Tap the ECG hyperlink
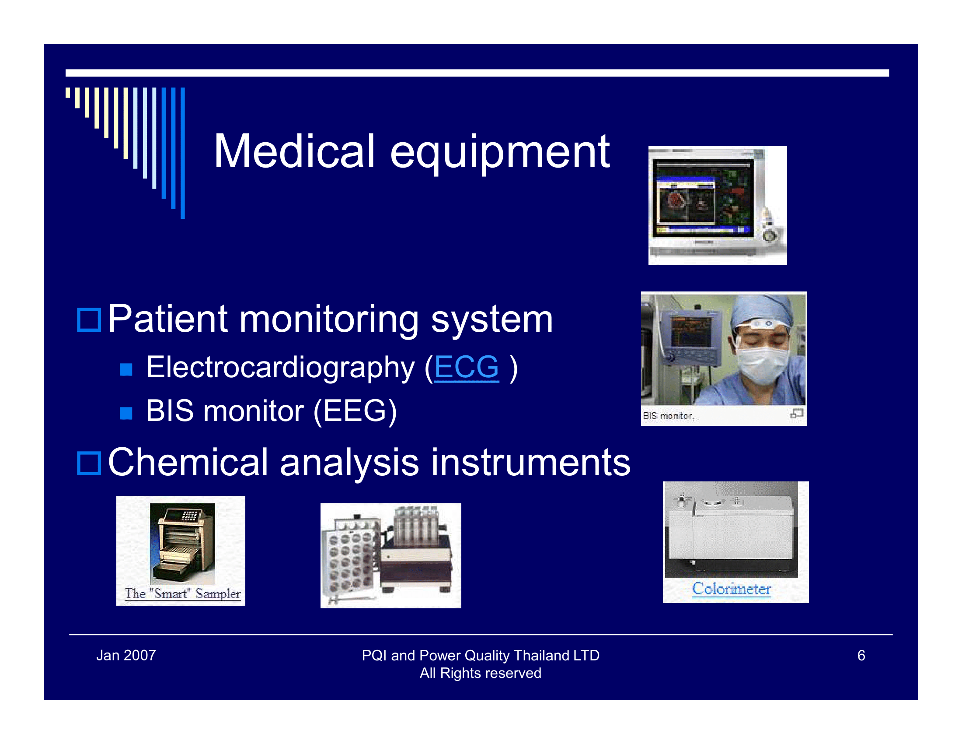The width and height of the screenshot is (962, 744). tap(466, 367)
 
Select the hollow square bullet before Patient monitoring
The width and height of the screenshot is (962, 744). tap(89, 319)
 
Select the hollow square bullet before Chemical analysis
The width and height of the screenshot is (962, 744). tap(89, 463)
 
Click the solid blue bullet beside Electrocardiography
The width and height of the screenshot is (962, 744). tap(126, 369)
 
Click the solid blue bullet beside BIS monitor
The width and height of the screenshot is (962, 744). tap(126, 413)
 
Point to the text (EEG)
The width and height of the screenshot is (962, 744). tap(355, 411)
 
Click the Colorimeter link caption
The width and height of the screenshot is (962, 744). tap(731, 588)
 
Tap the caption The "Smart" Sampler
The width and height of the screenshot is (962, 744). tap(182, 594)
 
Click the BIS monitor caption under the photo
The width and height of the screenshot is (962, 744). tap(667, 416)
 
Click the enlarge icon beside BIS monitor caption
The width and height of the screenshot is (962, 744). tap(796, 414)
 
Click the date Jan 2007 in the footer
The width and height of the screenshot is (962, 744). tap(126, 656)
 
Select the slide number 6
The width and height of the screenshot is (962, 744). tap(861, 656)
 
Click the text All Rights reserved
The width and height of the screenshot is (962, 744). tap(480, 673)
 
